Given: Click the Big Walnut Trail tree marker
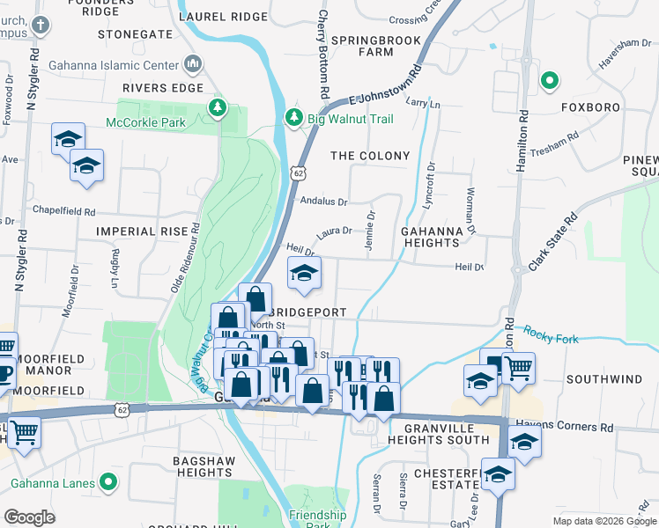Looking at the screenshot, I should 293,117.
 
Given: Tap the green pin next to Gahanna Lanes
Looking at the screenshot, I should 107,482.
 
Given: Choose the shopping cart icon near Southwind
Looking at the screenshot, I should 518,369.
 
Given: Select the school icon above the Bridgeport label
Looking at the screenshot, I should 304,274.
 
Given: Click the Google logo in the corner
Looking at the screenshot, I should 29,517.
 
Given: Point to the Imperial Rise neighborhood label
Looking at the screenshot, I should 143,231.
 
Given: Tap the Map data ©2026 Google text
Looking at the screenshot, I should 603,521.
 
